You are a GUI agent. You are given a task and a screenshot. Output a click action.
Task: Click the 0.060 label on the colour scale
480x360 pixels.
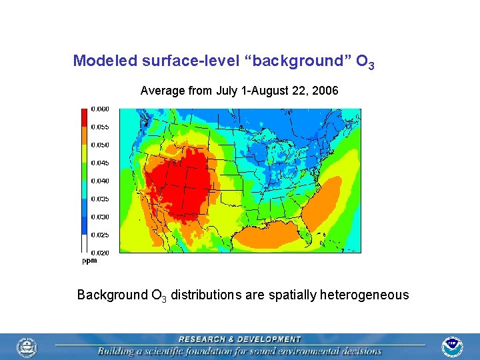(100, 109)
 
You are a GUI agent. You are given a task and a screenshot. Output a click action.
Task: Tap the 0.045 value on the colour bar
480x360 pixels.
(100, 163)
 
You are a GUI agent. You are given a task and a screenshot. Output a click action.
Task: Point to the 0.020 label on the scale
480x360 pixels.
(100, 253)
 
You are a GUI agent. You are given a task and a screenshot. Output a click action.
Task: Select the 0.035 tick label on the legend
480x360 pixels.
(100, 199)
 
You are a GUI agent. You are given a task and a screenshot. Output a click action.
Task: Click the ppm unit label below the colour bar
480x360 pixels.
(89, 261)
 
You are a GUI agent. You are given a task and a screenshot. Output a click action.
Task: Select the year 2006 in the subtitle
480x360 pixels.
(325, 90)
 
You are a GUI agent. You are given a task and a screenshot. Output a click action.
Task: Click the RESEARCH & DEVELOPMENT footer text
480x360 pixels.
(239, 339)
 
